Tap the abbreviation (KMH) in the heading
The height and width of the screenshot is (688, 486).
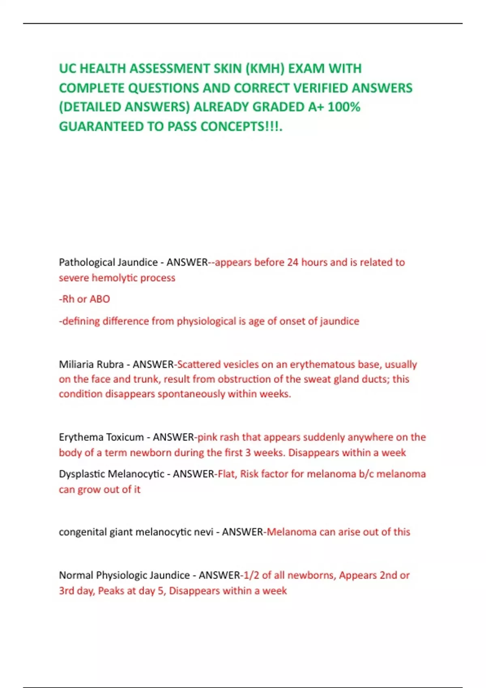[x=265, y=69]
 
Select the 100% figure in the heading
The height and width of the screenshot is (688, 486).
[x=344, y=107]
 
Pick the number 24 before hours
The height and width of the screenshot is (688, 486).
[x=293, y=262]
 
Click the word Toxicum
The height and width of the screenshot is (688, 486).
[x=126, y=437]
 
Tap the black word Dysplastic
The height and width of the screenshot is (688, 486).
[x=83, y=474]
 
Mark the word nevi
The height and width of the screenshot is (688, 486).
[x=203, y=532]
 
